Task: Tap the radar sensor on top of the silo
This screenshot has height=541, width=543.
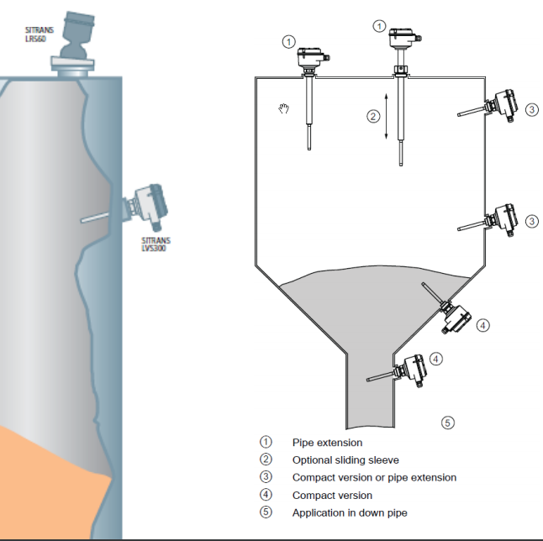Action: click(x=78, y=38)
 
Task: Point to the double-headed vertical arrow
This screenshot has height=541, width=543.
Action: click(x=386, y=116)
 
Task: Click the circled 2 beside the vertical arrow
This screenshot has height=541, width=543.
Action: click(x=373, y=117)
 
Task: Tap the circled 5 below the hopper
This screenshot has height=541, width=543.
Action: click(x=448, y=423)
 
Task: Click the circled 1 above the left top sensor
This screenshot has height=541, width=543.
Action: click(x=289, y=40)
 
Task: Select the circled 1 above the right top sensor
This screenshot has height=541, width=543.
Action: click(x=380, y=27)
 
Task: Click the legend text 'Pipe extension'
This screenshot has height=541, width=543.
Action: click(x=327, y=442)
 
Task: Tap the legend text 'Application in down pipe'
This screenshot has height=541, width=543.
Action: click(x=351, y=512)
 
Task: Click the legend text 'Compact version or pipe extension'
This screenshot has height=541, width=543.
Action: click(x=374, y=477)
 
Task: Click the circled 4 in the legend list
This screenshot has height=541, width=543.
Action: click(x=266, y=495)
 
